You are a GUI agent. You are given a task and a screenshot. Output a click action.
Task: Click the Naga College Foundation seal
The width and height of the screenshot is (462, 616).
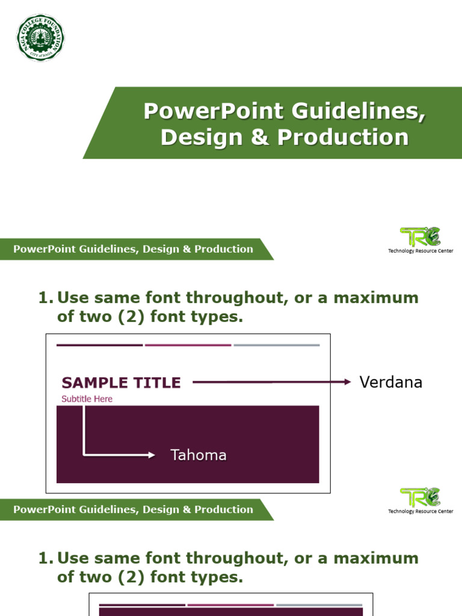click(x=40, y=37)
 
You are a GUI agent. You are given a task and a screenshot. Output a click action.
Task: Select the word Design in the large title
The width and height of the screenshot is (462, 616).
click(x=200, y=137)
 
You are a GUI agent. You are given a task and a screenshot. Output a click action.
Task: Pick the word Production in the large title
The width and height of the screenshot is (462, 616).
click(x=343, y=137)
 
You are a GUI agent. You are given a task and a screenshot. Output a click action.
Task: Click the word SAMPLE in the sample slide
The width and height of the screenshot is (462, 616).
click(x=96, y=383)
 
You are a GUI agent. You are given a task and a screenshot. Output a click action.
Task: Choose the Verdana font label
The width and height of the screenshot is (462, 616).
click(x=390, y=382)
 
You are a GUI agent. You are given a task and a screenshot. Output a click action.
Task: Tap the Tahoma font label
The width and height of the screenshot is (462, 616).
click(x=199, y=455)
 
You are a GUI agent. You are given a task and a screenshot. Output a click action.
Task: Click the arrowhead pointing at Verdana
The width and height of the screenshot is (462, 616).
click(x=348, y=381)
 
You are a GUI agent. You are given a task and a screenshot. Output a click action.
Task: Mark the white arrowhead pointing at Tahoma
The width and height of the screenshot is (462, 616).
click(x=152, y=455)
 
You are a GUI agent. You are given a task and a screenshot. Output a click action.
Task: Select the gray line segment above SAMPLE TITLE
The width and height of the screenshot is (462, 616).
click(x=276, y=345)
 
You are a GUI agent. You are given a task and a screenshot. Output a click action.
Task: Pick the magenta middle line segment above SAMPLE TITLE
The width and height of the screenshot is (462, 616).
click(x=188, y=345)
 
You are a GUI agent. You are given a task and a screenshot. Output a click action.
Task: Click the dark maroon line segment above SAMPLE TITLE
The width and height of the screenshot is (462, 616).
click(x=99, y=345)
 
